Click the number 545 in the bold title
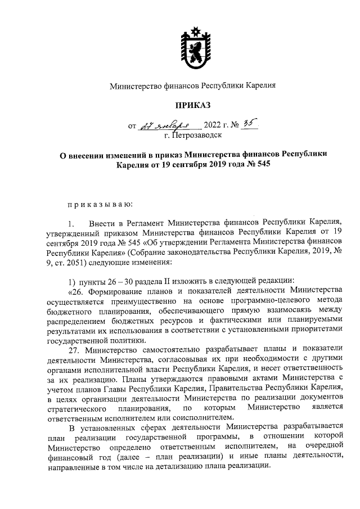click(x=259, y=165)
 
